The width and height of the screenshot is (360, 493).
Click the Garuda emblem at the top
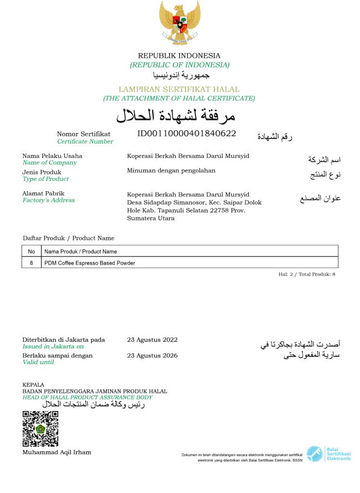coord(179,23)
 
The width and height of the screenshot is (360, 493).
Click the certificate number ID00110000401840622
coord(187,133)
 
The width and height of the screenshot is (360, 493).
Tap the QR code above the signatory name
coord(40,428)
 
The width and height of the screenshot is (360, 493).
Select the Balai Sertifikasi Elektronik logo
coord(329,454)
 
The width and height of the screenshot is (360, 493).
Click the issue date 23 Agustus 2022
coord(152,340)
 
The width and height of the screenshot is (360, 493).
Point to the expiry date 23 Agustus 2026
coord(152,356)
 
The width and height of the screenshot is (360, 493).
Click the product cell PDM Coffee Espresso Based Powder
coord(90,263)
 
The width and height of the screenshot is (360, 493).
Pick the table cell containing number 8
coord(31,263)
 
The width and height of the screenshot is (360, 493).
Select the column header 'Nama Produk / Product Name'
coord(80,251)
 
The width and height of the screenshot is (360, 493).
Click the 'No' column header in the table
coord(31,251)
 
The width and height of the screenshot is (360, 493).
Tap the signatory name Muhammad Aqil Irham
coord(57,453)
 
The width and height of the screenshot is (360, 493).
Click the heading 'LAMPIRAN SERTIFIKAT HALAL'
coord(179,90)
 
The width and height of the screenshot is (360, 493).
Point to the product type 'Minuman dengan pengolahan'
coord(171,170)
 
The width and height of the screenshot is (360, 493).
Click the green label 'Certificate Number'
coord(85,142)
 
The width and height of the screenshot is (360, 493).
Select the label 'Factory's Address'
coord(49,200)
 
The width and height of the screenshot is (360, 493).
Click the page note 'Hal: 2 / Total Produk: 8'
coord(307,274)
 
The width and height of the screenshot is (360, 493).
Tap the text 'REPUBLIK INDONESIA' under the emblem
coord(179,56)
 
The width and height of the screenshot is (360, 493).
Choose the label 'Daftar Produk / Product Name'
coord(68,238)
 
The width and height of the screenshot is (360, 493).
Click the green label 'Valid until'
coord(38,362)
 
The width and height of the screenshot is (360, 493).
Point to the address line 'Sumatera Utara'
coord(151,218)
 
